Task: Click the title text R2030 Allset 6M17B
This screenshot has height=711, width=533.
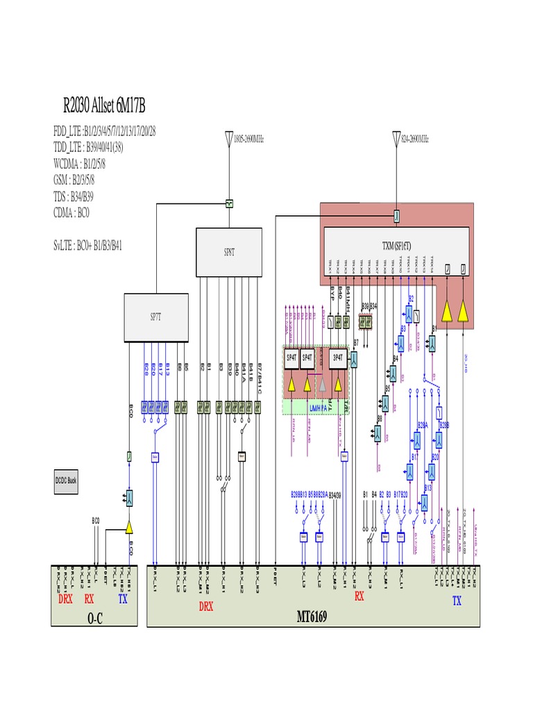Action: point(104,106)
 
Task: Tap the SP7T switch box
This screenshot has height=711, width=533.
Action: point(155,317)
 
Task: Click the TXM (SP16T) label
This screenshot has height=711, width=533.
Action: point(396,246)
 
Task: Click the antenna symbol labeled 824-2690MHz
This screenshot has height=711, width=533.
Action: point(396,139)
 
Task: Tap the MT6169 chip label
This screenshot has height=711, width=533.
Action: point(312,617)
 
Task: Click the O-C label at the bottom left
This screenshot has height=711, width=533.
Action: point(94,617)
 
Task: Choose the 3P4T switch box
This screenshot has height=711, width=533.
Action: point(338,358)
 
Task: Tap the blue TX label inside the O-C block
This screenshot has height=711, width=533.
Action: point(123,597)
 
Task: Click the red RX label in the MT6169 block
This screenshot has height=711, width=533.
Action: point(359,596)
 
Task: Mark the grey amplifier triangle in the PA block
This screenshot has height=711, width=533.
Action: point(322,384)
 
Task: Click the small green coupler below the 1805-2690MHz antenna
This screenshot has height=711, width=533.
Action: point(228,203)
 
